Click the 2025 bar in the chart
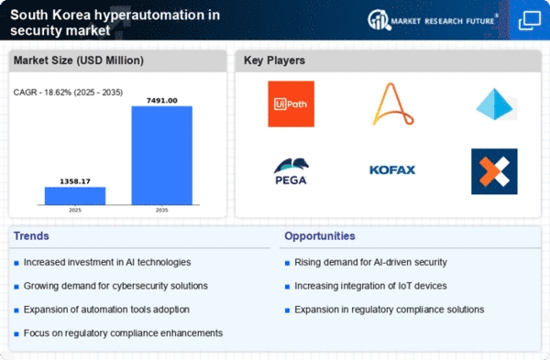coord(75,196)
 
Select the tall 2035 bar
coord(161,156)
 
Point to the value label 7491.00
coord(161,101)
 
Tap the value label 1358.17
coord(75,181)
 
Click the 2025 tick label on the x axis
coord(75,210)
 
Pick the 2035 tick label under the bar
coord(161,210)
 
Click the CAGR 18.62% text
coord(68,93)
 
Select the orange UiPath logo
coord(291,104)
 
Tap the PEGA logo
coord(291,171)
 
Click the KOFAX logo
coord(392,170)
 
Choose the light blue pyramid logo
coord(495,104)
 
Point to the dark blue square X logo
coord(494,171)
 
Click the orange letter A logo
coord(393,104)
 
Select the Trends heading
coord(31,236)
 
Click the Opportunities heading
coord(320,236)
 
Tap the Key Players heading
coord(274,60)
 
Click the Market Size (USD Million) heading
coord(79,60)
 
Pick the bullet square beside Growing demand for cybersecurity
coord(16,287)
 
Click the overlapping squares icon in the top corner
coord(530,20)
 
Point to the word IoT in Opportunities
coord(405,286)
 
